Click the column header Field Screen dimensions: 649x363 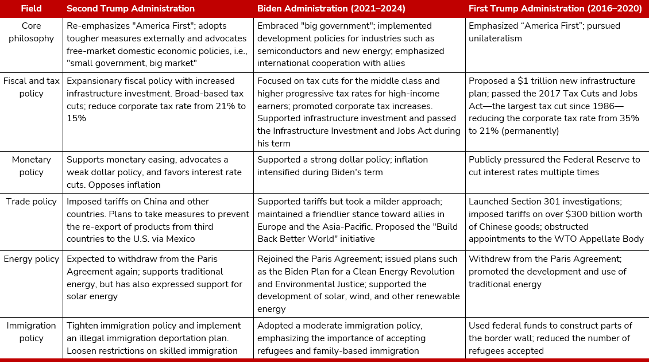(x=31, y=8)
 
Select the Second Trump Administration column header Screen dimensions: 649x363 (x=130, y=8)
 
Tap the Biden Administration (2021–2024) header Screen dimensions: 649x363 (x=331, y=8)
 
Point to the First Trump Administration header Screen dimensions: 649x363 (x=555, y=8)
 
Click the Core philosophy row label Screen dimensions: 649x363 (x=31, y=32)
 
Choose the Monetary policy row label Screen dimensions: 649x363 (x=31, y=165)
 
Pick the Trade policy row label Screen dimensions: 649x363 (x=31, y=202)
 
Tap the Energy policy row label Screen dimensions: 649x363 (x=31, y=259)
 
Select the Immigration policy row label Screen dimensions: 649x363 (x=31, y=331)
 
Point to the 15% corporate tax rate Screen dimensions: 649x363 (x=76, y=118)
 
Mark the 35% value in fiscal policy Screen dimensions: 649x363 (x=629, y=118)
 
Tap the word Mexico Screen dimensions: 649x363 (x=180, y=239)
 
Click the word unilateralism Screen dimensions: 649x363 (x=495, y=38)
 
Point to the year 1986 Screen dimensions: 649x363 (x=604, y=106)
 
